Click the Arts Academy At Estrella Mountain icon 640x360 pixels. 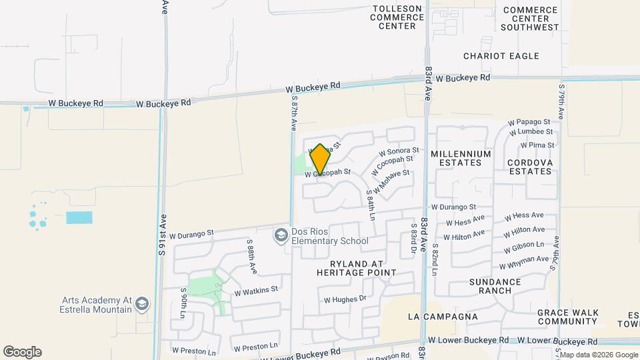pos(141,305)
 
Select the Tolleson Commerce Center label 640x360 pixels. pos(397,17)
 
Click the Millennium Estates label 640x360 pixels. pos(461,158)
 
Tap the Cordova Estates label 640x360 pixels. pos(529,167)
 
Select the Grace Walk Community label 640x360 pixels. pos(569,317)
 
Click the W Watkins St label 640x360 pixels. pos(256,290)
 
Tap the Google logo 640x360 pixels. pos(22,352)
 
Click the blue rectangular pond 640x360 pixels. pos(79,217)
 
